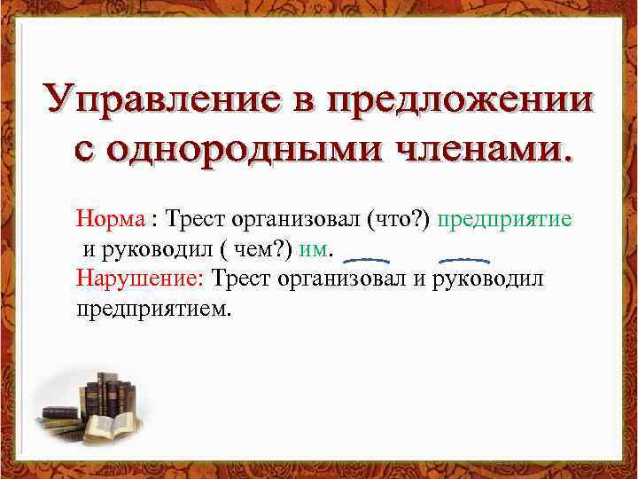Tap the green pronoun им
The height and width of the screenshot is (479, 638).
315,248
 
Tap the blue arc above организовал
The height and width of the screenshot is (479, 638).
365,261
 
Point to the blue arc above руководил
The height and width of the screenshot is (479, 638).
465,261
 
